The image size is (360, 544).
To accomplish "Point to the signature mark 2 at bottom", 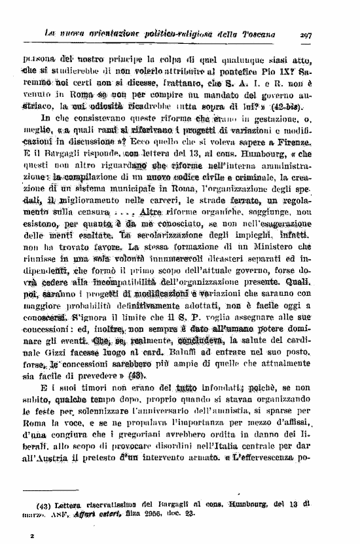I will coord(31,535).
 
